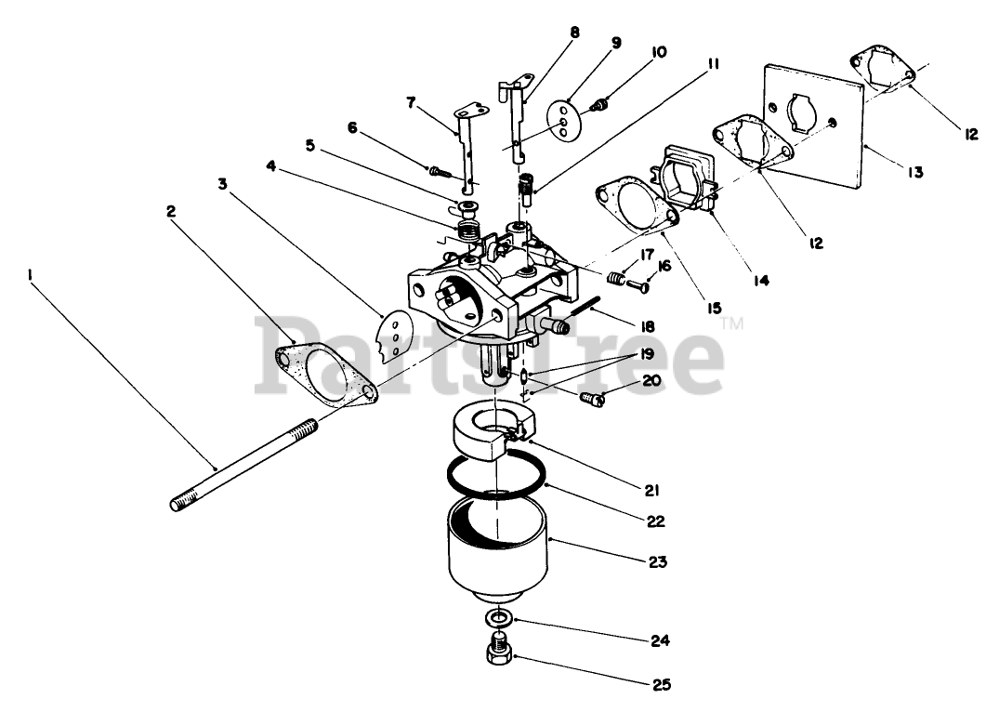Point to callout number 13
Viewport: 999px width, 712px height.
(x=915, y=172)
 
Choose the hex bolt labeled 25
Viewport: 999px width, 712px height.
(x=501, y=652)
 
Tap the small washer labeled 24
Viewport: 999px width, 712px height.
(x=501, y=619)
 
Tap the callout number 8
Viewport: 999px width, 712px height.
(x=574, y=32)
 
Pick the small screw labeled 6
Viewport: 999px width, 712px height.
(x=440, y=169)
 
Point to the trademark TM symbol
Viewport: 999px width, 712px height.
(x=733, y=324)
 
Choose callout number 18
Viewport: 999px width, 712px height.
(x=647, y=326)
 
